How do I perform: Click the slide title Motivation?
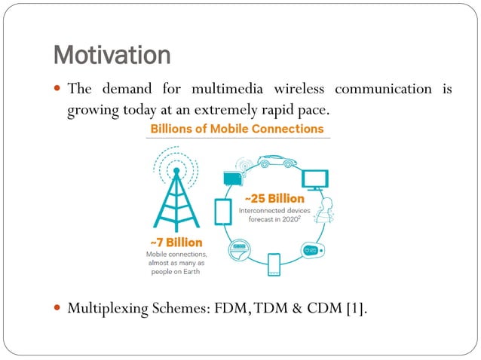coord(112,55)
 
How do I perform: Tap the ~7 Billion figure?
coord(175,243)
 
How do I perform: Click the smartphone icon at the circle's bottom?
coord(274,264)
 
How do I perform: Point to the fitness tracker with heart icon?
coord(312,250)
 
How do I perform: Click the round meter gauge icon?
coord(240,249)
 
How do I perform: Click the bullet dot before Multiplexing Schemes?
coord(57,307)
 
